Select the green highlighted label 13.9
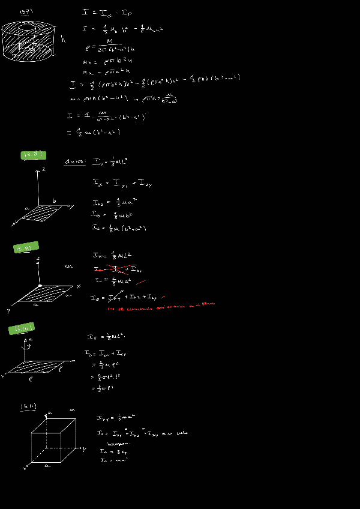(26, 247)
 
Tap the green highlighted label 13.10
(22, 328)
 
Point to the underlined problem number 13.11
(28, 407)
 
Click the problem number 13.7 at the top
(26, 11)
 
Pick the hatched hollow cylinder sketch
(28, 40)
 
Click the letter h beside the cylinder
(63, 40)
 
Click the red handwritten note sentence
(161, 307)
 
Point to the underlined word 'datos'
(76, 161)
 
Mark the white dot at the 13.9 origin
(40, 286)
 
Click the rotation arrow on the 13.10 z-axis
(24, 345)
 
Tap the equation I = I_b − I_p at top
(107, 12)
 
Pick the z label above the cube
(51, 413)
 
